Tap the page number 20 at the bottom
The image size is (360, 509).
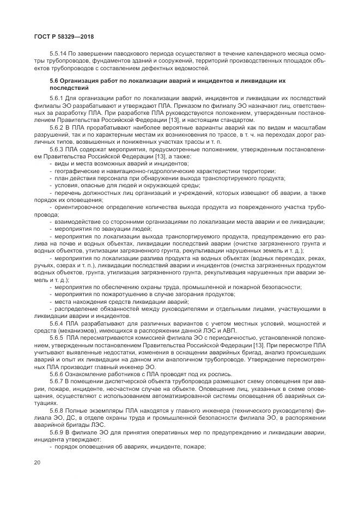37,463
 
